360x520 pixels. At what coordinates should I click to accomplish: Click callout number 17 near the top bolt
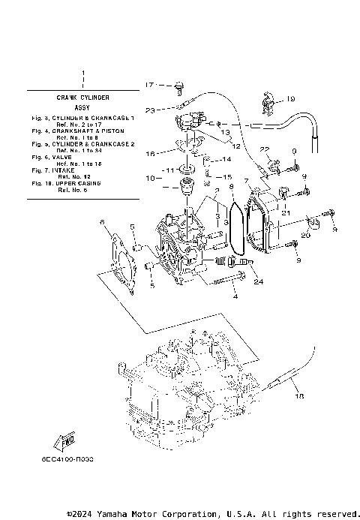[148, 84]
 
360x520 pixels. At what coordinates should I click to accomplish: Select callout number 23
[150, 110]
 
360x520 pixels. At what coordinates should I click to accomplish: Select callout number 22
[264, 149]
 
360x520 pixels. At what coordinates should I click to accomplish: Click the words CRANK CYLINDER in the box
[83, 98]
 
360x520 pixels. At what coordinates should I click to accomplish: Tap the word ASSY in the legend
[83, 108]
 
